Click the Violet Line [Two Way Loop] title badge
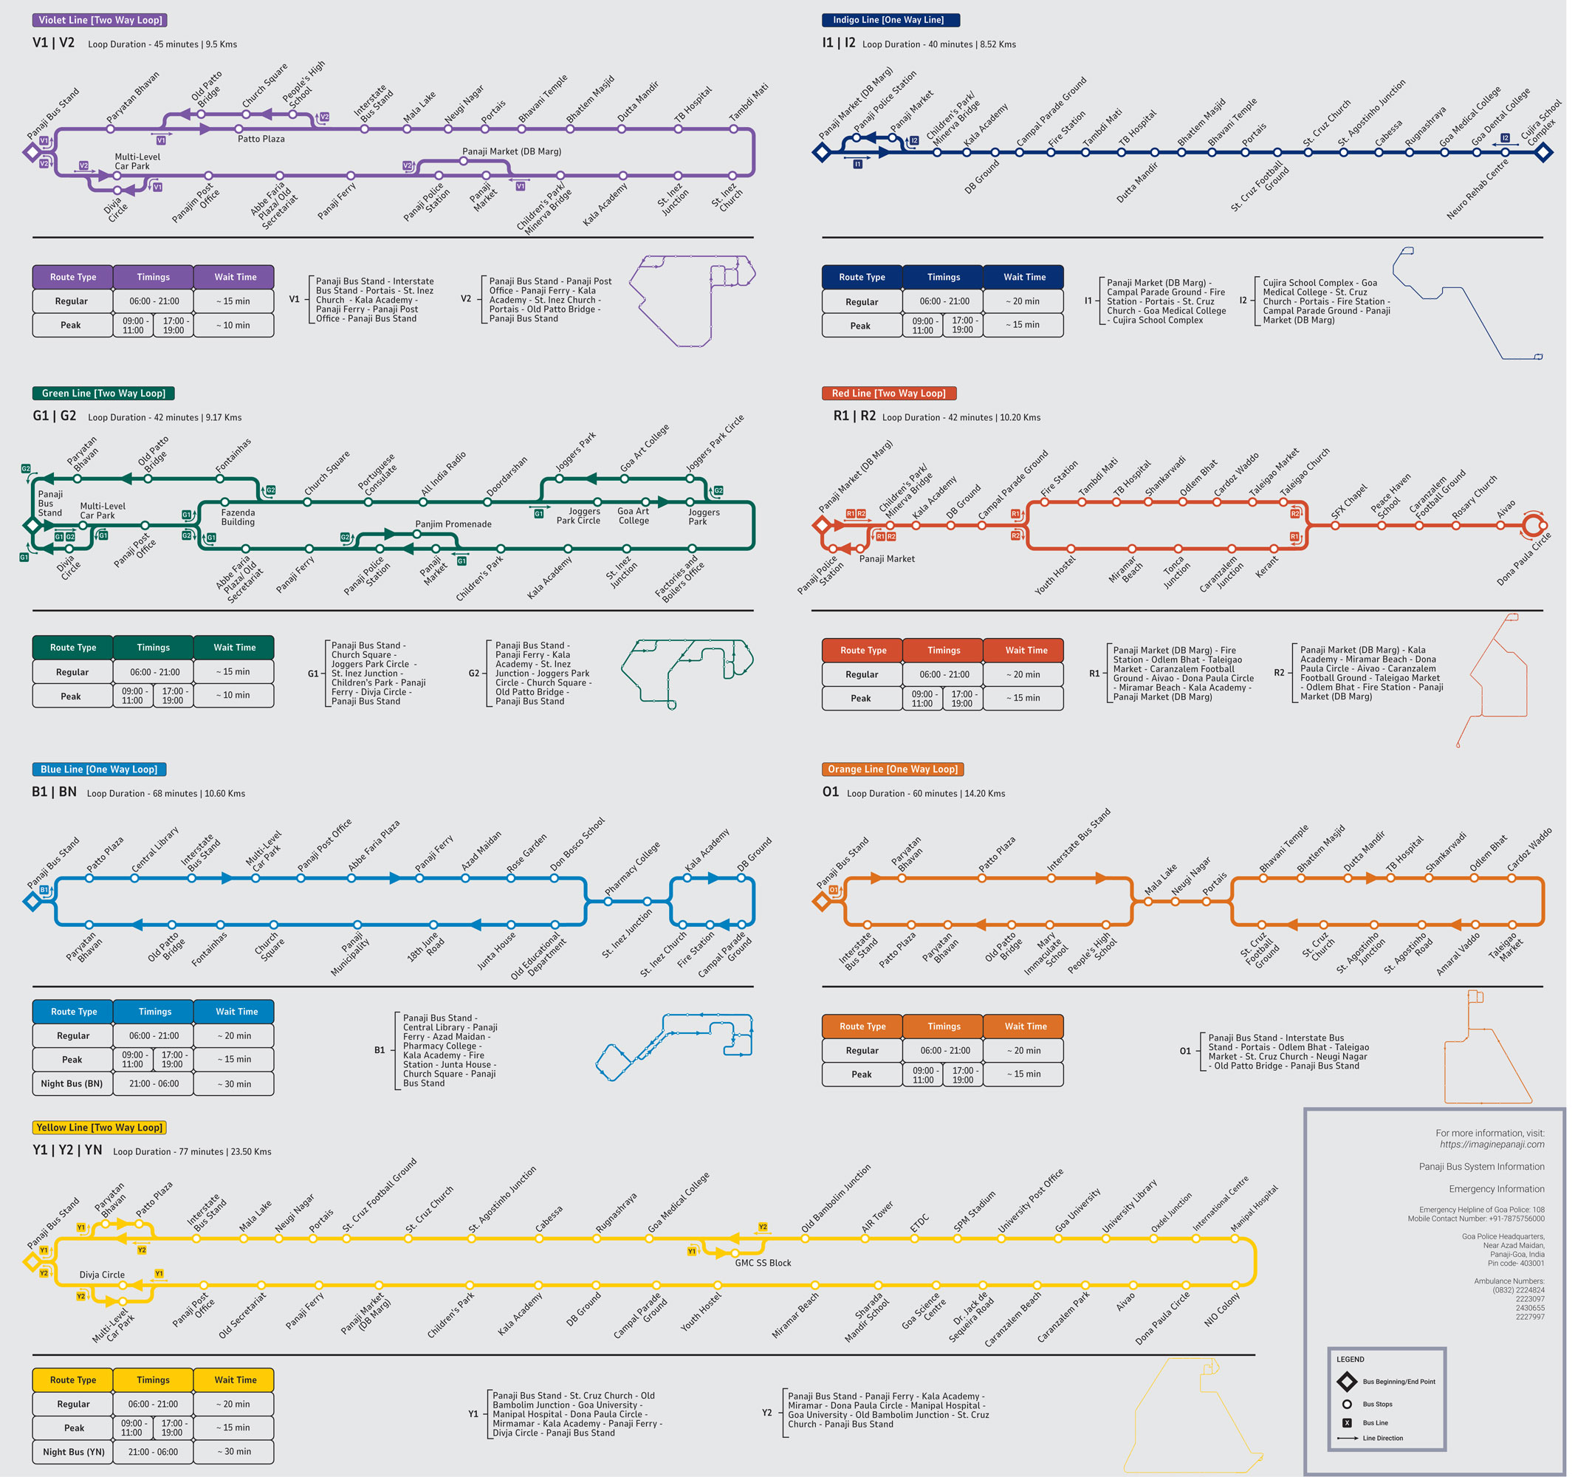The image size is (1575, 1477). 100,20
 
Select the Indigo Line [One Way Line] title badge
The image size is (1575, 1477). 891,20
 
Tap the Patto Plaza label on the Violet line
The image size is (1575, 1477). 261,139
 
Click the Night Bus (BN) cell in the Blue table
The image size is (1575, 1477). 72,1083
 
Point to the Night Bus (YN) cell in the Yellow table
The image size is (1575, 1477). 73,1452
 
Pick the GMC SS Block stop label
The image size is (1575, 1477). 763,1262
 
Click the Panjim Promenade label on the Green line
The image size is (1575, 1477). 453,524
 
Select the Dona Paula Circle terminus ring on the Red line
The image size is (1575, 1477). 1532,524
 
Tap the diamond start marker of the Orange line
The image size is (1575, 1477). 822,901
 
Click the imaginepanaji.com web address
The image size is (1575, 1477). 1492,1144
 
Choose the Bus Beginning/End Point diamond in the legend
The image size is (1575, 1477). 1346,1381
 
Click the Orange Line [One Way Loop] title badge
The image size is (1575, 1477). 893,769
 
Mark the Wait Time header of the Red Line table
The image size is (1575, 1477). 1026,650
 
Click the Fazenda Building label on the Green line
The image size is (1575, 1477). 238,517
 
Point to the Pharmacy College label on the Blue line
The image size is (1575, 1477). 632,868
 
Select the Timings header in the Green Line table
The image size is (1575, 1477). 153,648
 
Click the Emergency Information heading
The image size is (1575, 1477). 1497,1188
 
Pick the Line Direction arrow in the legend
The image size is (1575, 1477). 1347,1438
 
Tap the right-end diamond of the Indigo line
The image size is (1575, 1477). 1543,152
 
